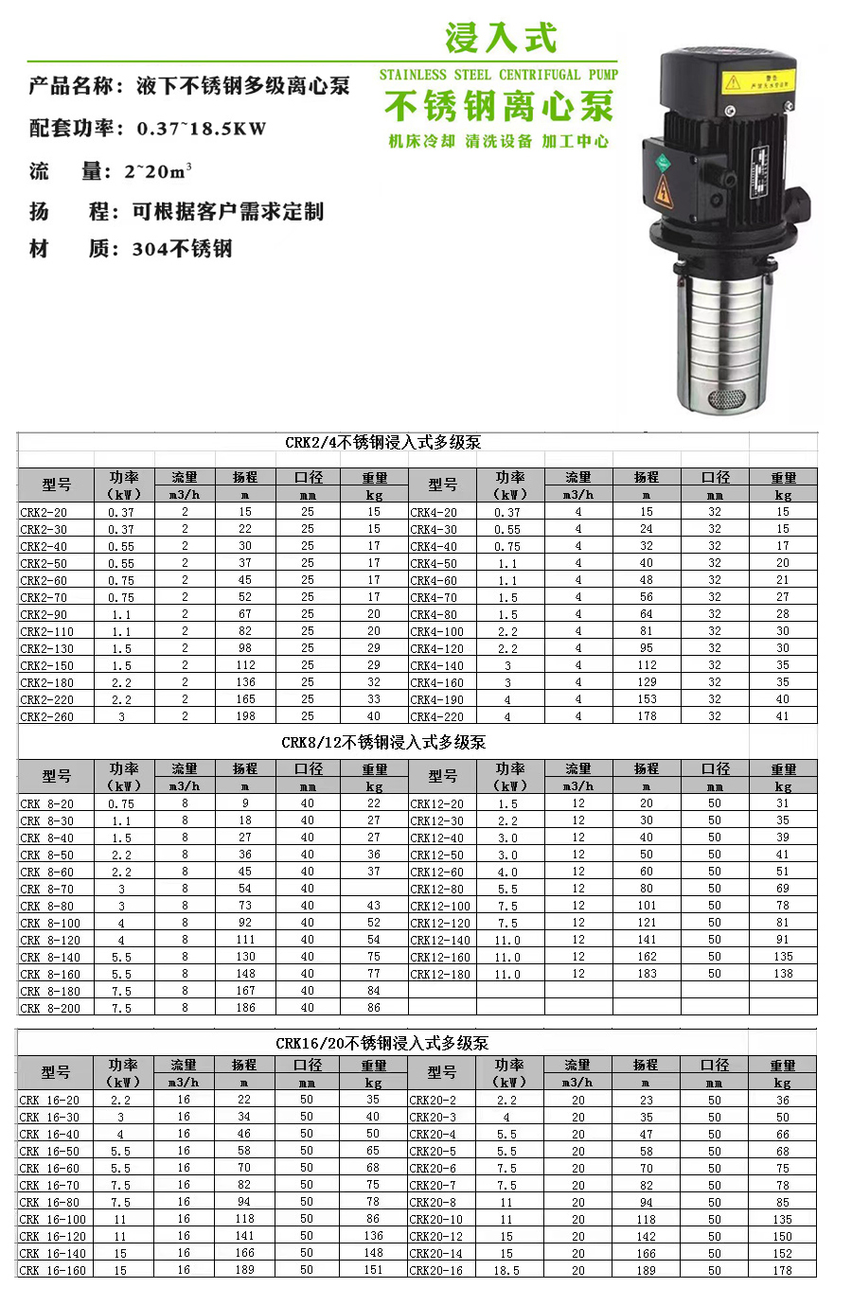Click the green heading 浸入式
[x=501, y=39]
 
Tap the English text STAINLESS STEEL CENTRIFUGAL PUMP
[x=498, y=75]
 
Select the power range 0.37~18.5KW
[x=202, y=129]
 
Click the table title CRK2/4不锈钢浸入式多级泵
[x=382, y=442]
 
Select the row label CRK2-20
[x=44, y=512]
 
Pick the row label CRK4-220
[x=436, y=716]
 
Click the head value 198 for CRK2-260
[x=245, y=716]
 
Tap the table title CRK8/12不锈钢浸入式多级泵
[x=382, y=742]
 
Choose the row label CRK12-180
[x=439, y=974]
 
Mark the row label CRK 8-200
[x=50, y=1008]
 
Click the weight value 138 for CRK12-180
[x=783, y=974]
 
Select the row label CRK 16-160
[x=53, y=1270]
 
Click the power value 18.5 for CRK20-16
[x=506, y=1270]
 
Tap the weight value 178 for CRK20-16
[x=782, y=1270]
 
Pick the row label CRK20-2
[x=433, y=1100]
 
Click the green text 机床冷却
[x=421, y=142]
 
